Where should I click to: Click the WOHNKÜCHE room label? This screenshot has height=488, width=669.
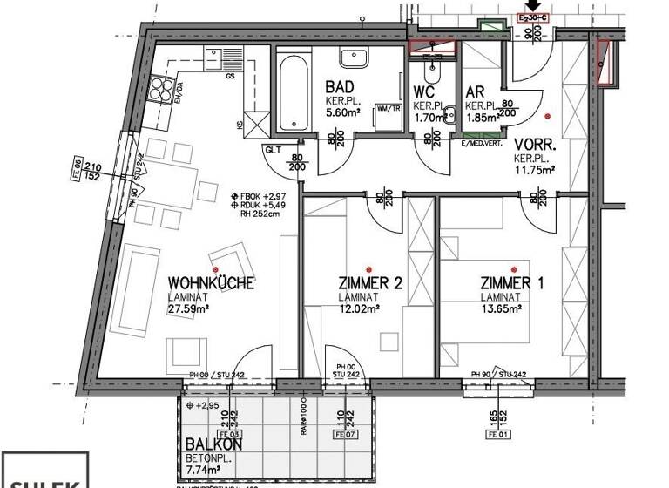(210, 283)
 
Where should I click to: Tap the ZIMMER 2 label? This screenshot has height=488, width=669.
(369, 283)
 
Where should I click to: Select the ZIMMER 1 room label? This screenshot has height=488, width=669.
(511, 283)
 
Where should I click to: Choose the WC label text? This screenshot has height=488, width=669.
(424, 91)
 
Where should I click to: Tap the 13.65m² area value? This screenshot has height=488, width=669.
(501, 308)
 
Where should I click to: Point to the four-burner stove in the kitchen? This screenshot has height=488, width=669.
(162, 88)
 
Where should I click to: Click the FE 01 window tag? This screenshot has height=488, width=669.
(498, 433)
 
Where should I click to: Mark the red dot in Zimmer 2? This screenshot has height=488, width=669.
(369, 268)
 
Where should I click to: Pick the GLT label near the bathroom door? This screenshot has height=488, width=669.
(273, 150)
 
